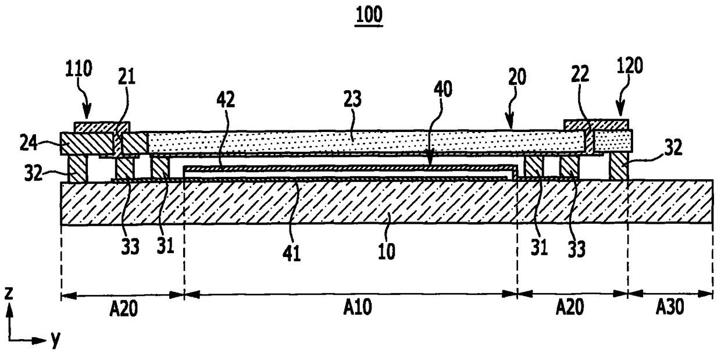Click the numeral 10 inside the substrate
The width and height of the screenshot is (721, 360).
pos(387,252)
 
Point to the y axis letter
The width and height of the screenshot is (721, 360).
pos(55,341)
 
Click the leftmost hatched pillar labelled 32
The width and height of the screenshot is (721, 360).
pos(77,169)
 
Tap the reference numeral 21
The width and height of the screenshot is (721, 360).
pos(127,77)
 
